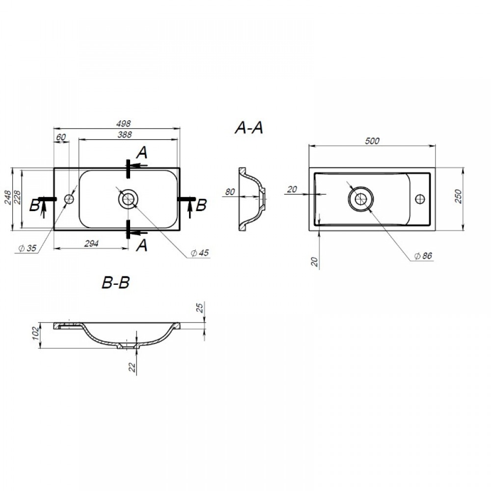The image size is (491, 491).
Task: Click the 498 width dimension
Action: click(x=123, y=123)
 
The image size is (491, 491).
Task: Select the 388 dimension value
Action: click(x=125, y=135)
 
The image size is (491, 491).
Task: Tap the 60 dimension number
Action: click(x=61, y=137)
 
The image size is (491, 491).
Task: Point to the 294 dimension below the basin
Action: click(x=91, y=244)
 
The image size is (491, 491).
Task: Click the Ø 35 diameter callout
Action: click(x=27, y=248)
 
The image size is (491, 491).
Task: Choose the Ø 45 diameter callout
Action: click(x=200, y=253)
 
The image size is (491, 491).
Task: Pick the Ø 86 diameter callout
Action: click(x=423, y=256)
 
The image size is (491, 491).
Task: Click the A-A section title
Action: click(x=249, y=128)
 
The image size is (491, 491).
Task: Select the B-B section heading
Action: click(x=115, y=282)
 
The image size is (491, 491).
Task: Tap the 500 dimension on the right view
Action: click(x=372, y=141)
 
